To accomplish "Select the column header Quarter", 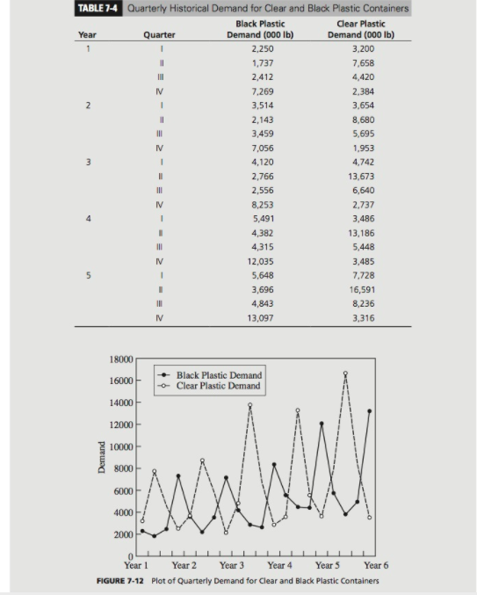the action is pyautogui.click(x=159, y=35).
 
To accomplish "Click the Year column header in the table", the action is pyautogui.click(x=88, y=35).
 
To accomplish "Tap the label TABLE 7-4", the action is pyautogui.click(x=99, y=9).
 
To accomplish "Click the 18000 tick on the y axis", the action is pyautogui.click(x=120, y=359).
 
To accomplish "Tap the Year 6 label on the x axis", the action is pyautogui.click(x=375, y=566).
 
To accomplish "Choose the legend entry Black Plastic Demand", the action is pyautogui.click(x=219, y=374).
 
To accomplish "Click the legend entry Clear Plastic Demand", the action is pyautogui.click(x=219, y=385).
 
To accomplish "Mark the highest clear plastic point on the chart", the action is pyautogui.click(x=345, y=374).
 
